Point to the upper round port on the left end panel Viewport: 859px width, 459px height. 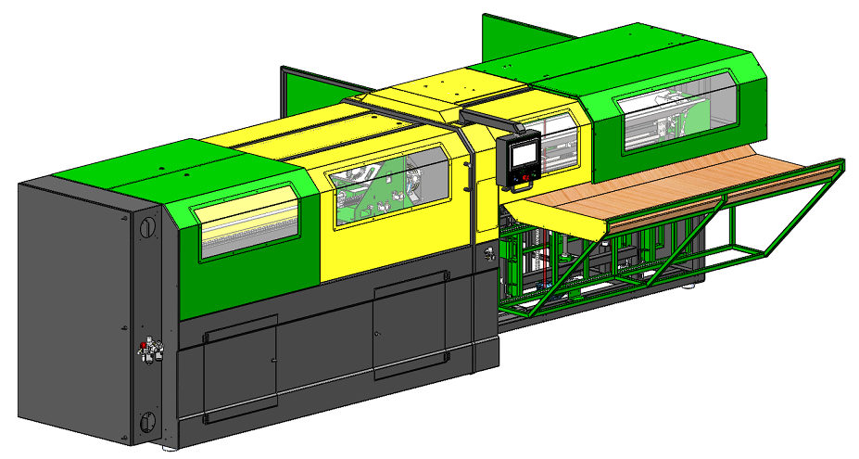(146, 226)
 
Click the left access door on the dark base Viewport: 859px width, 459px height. (240, 367)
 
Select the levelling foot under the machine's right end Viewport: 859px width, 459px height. (689, 288)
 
